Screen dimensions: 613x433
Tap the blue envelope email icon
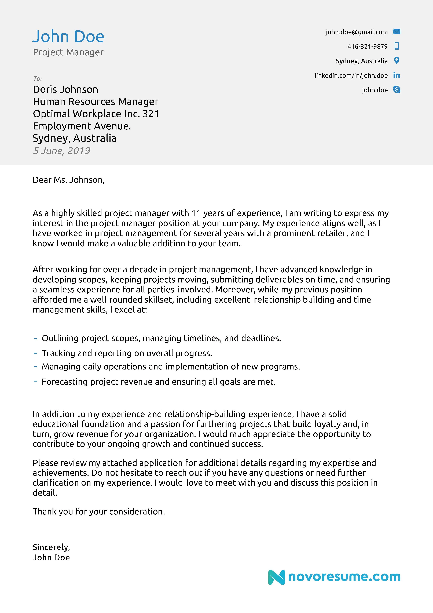397,32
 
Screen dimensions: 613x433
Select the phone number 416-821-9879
367,46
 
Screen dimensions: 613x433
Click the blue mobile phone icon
397,46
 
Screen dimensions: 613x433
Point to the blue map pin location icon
397,61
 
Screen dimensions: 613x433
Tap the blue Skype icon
397,90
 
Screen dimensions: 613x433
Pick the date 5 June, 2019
61,151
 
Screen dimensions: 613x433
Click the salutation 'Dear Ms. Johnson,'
69,180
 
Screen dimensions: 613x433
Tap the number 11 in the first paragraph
196,213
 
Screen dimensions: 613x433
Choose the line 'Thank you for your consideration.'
99,511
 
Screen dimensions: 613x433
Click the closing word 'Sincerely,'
51,547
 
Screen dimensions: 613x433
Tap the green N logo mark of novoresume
276,577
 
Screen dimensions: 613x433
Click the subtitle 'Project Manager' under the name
68,52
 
